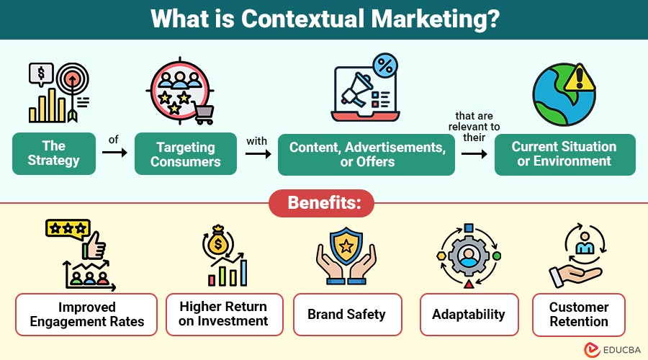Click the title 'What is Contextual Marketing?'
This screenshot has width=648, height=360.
(x=324, y=19)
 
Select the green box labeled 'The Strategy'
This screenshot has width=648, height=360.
(x=53, y=153)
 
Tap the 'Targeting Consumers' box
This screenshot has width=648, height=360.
(x=186, y=153)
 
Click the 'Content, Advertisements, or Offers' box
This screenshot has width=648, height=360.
(x=366, y=153)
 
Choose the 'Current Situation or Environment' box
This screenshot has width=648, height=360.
(x=564, y=153)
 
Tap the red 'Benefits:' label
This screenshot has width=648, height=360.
(x=324, y=203)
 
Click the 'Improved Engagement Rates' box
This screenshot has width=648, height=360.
(x=86, y=314)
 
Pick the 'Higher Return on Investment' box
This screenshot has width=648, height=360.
(x=223, y=314)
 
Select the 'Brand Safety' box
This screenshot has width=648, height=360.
(x=346, y=314)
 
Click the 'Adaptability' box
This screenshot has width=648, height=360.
(x=469, y=314)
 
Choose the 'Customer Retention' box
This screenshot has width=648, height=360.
(x=579, y=314)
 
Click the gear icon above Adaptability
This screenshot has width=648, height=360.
(x=468, y=256)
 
